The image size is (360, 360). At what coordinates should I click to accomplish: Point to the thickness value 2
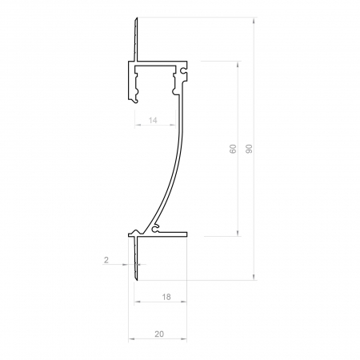(x=106, y=260)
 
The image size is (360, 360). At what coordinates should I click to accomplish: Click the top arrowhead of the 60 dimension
(x=238, y=62)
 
